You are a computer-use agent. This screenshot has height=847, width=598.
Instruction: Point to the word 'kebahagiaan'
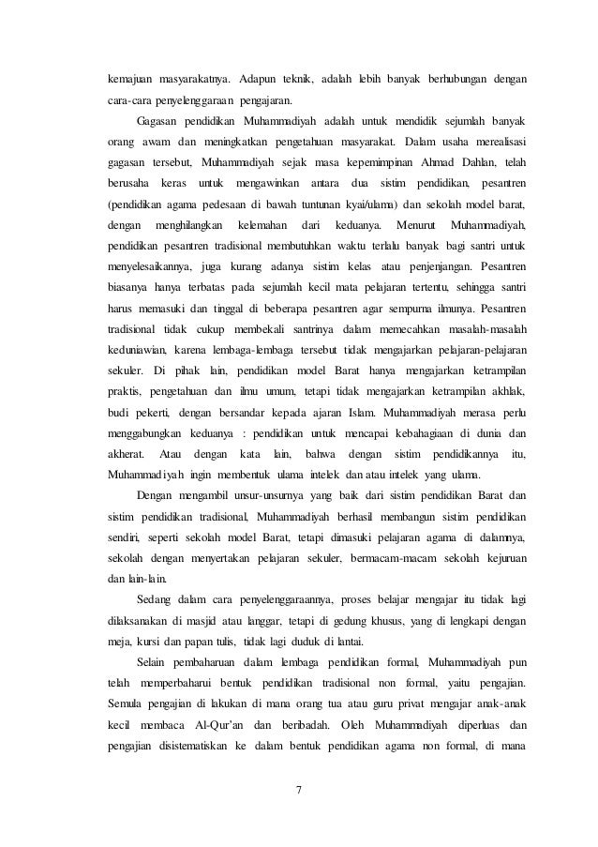coord(420,431)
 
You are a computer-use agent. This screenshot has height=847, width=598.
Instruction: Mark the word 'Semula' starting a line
coord(124,702)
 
